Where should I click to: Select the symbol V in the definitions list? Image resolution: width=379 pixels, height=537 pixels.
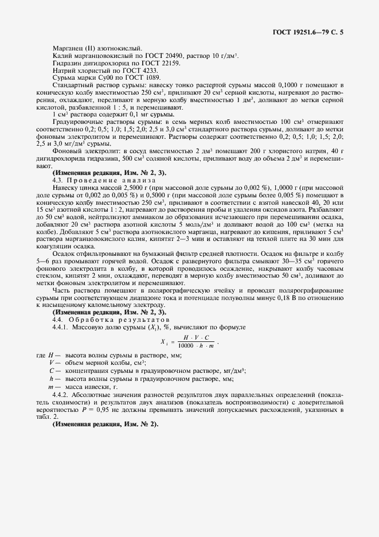[x=52, y=363]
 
